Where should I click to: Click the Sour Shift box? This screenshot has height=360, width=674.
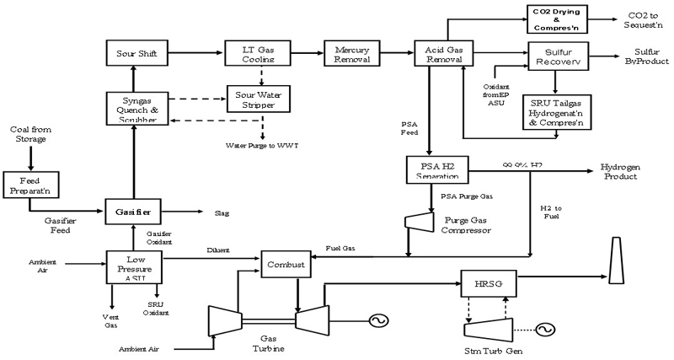click(x=137, y=53)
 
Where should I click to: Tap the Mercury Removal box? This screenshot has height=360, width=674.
click(x=352, y=53)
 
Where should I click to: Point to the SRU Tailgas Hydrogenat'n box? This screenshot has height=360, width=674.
click(x=557, y=110)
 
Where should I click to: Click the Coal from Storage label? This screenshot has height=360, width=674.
click(x=29, y=135)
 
